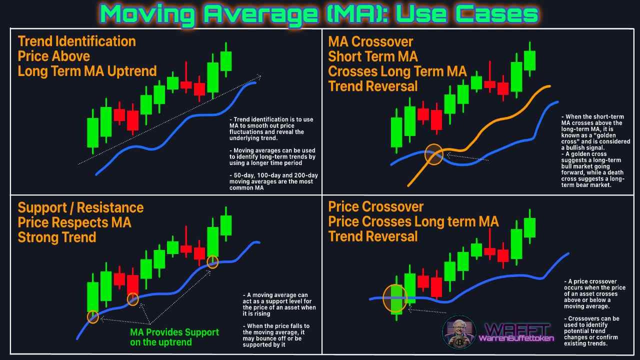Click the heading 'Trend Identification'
[x=76, y=41]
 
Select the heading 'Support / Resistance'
[x=80, y=207]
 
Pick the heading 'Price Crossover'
[x=376, y=206]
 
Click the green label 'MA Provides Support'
[x=174, y=332]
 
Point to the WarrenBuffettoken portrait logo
[x=458, y=332]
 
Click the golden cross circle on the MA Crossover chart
[x=433, y=154]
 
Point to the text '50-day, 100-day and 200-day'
[x=274, y=175]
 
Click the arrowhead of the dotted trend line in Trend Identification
[x=258, y=76]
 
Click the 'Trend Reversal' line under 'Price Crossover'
[x=372, y=235]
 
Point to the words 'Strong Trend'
[x=57, y=237]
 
